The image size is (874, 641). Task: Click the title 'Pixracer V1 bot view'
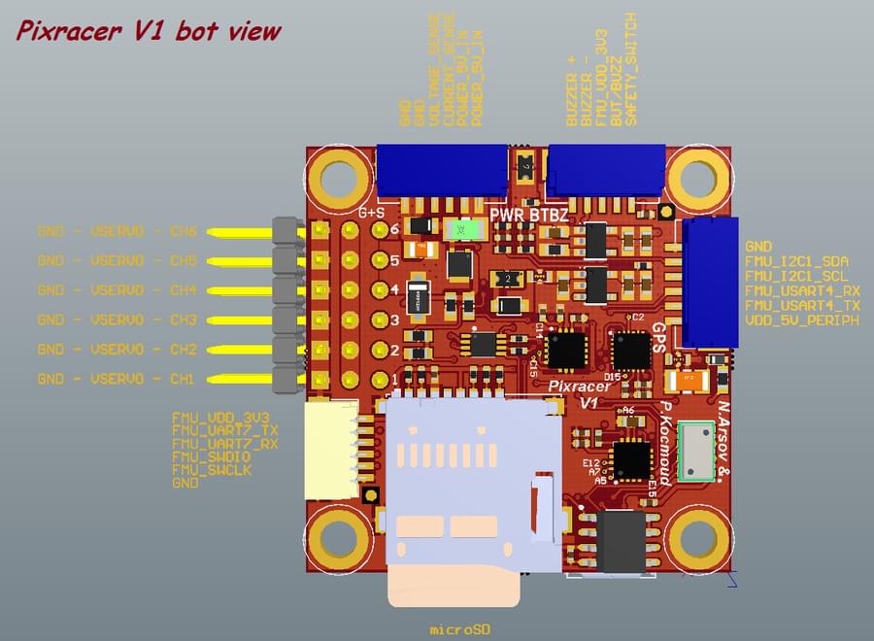point(149,31)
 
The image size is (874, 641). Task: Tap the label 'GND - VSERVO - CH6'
point(117,231)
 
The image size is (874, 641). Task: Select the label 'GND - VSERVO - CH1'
point(117,378)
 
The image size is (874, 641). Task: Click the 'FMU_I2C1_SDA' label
point(796,262)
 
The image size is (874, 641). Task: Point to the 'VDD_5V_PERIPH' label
point(801,320)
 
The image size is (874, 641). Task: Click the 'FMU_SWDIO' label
point(211,455)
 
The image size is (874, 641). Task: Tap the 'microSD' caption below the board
point(459,629)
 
